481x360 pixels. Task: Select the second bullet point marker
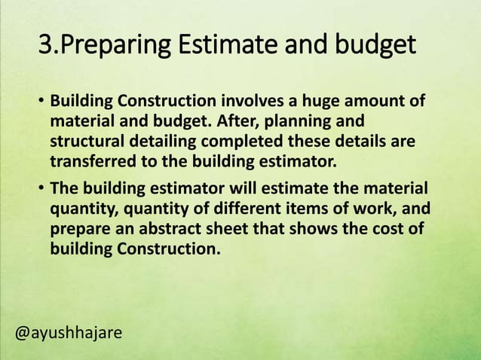(x=42, y=188)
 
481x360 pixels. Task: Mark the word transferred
(x=88, y=160)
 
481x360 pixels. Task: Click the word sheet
(x=229, y=228)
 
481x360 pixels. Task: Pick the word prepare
(x=78, y=228)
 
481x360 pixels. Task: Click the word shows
(x=313, y=228)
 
